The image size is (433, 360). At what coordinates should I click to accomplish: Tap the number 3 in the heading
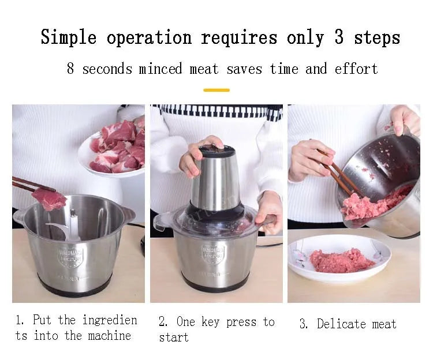point(338,37)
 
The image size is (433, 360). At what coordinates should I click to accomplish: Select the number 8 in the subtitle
point(70,69)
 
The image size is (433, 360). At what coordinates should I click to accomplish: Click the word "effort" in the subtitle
point(356,69)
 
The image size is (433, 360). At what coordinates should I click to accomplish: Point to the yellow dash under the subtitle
point(216,90)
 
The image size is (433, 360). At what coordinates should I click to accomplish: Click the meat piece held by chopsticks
point(48,198)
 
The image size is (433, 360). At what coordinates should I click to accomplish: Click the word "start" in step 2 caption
point(173,337)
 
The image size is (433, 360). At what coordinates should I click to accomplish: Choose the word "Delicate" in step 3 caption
point(338,324)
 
